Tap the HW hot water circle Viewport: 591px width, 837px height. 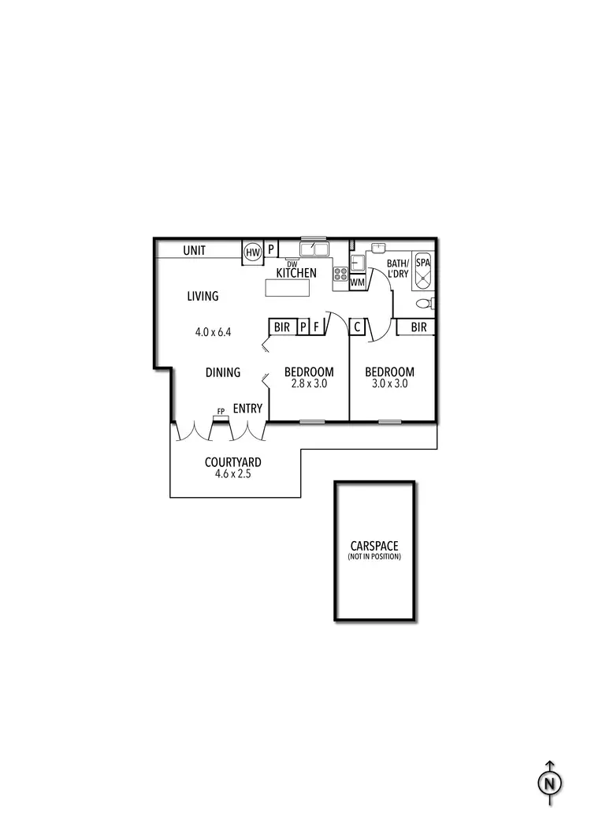point(252,252)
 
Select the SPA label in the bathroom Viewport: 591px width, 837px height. point(423,263)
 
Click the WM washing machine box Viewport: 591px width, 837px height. point(358,282)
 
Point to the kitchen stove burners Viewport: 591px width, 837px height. point(341,274)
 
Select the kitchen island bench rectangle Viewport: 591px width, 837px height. point(288,288)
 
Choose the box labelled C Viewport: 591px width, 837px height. point(358,327)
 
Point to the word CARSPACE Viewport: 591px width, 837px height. point(374,546)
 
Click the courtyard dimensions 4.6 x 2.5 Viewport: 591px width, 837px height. point(232,474)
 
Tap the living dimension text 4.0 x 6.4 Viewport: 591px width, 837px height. point(213,332)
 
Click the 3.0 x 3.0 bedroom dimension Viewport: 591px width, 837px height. point(389,383)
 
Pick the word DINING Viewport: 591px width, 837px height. point(223,372)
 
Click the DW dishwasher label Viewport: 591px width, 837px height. point(292,263)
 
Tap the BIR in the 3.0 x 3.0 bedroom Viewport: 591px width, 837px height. point(418,327)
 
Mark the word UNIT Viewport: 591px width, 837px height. point(194,251)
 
